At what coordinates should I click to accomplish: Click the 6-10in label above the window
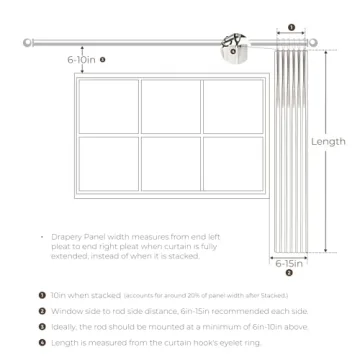[x=82, y=60]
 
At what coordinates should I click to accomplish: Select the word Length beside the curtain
[x=328, y=142]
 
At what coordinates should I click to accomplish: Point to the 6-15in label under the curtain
[x=289, y=262]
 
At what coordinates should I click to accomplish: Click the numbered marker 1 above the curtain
[x=290, y=28]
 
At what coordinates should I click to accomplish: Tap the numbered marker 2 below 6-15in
[x=289, y=272]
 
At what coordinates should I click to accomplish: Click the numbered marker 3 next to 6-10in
[x=103, y=60]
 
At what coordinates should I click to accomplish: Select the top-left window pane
[x=109, y=105]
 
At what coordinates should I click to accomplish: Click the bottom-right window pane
[x=232, y=164]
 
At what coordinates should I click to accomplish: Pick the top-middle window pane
[x=170, y=105]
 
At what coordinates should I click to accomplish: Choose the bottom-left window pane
[x=109, y=164]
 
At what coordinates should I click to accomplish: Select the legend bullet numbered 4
[x=42, y=343]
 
